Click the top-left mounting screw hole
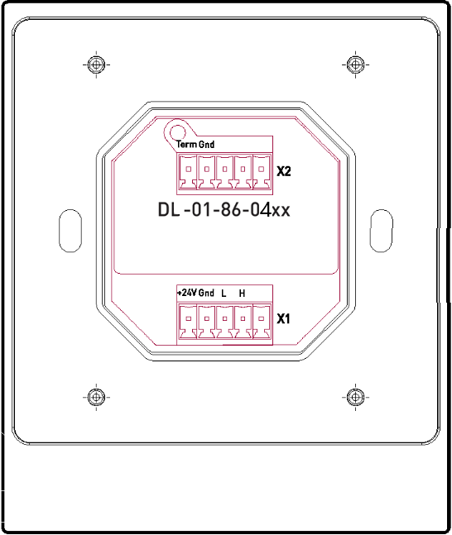[96, 64]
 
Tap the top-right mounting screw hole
[355, 64]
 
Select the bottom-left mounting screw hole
[96, 397]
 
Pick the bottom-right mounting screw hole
[355, 397]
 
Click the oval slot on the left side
[70, 231]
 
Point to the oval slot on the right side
[381, 231]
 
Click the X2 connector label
[284, 172]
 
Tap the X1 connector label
[284, 318]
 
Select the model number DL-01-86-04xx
[224, 210]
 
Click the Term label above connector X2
[186, 145]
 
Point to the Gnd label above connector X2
[206, 145]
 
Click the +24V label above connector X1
[186, 294]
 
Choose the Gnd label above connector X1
[206, 294]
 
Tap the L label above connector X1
[224, 294]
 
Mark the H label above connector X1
[242, 294]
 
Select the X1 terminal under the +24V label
[187, 319]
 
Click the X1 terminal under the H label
[242, 319]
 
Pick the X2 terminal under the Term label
[187, 172]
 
